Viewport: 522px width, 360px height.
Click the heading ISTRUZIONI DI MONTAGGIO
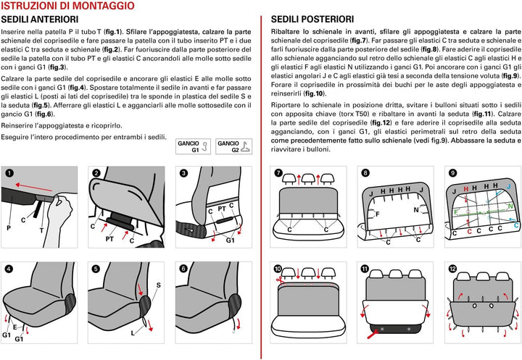(x=67, y=7)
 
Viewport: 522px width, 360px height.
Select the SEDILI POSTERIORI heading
(x=312, y=19)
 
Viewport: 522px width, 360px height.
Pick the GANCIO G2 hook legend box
(x=233, y=148)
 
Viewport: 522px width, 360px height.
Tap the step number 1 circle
(x=9, y=173)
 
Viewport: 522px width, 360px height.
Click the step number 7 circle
(x=278, y=173)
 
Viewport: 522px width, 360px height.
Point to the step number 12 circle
(x=452, y=269)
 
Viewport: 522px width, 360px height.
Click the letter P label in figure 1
(x=9, y=227)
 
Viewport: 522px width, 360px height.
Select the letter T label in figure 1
(x=41, y=230)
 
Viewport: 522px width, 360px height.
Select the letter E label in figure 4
(x=14, y=327)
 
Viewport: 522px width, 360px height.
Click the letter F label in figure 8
(x=377, y=214)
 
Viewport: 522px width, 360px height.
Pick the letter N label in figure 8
(x=416, y=210)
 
